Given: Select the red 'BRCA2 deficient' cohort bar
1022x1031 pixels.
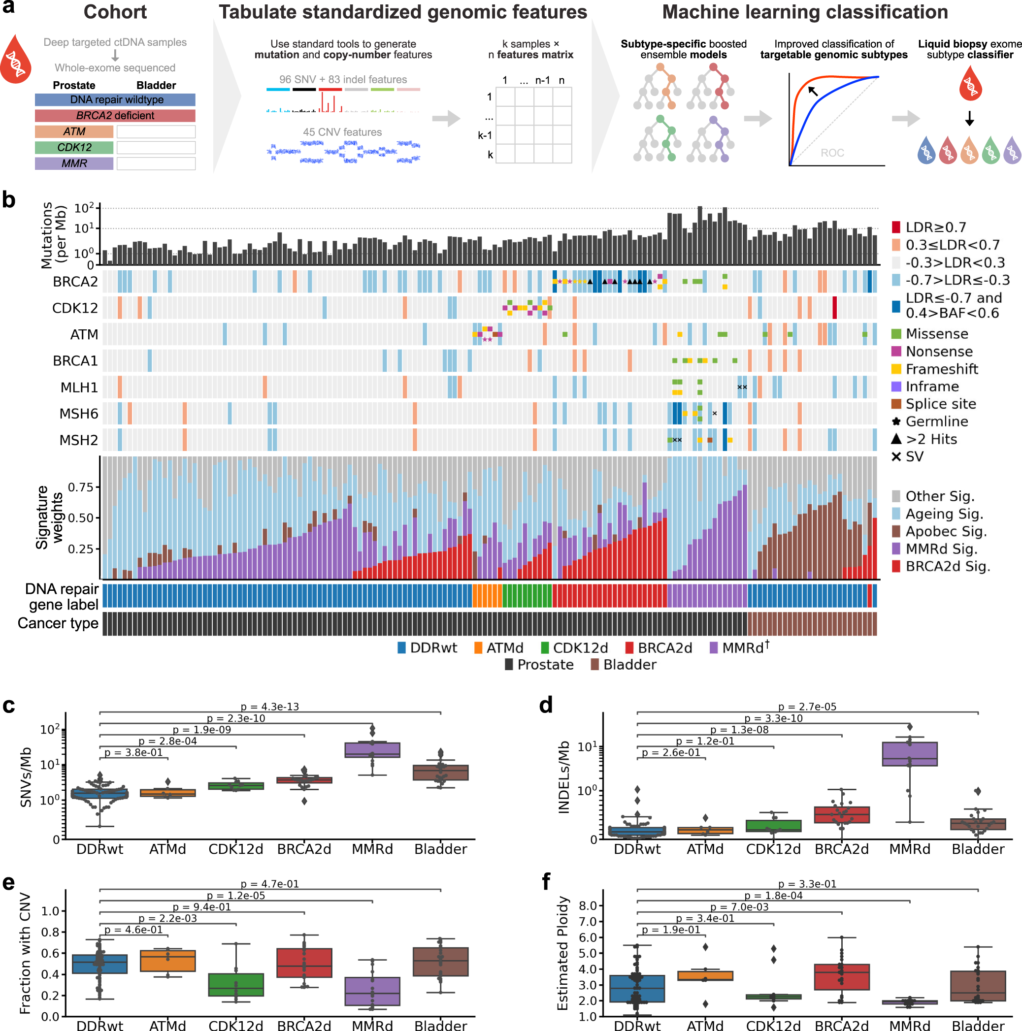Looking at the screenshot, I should pos(115,116).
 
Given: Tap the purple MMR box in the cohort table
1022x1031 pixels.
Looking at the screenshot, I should pos(74,163).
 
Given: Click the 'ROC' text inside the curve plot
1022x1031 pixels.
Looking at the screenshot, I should pos(832,153).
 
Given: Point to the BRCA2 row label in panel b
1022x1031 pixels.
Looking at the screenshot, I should pos(75,281).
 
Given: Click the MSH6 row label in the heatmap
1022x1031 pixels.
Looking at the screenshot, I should pos(78,414).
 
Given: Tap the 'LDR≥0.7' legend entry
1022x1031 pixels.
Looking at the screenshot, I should pos(935,227).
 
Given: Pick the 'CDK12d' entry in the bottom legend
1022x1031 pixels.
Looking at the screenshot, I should pos(580,648).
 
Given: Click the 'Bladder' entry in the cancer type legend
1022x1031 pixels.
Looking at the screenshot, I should pos(629,664).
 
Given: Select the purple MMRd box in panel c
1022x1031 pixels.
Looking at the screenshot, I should pos(372,750).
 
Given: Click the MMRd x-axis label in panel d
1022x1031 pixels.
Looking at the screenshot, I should pos(909,849).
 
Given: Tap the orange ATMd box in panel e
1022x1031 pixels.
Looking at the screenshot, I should pos(167,961).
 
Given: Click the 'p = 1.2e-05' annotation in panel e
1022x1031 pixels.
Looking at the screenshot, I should pos(235,896).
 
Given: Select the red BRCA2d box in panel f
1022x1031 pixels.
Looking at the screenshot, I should pos(842,976).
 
